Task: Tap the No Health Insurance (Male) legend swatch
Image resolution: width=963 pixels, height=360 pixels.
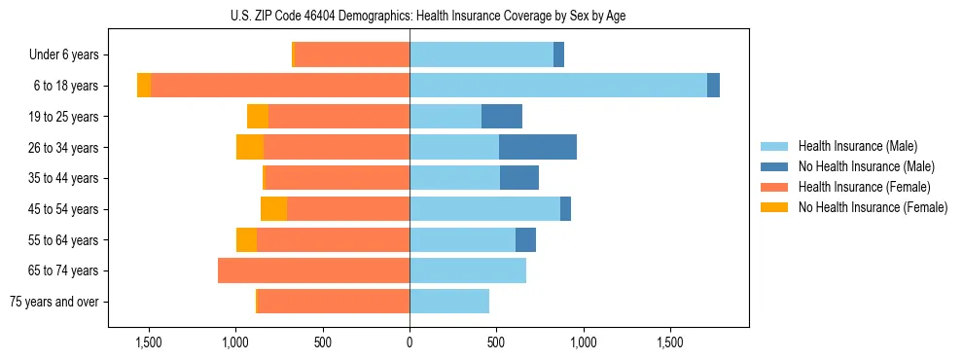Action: tap(775, 167)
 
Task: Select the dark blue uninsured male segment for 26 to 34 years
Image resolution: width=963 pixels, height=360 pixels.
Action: tap(538, 147)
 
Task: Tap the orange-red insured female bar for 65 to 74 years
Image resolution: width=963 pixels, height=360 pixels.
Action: tap(313, 270)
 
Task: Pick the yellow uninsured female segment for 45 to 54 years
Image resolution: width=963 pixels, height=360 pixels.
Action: tap(273, 209)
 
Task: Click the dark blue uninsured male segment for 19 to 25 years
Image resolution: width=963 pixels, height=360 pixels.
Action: tap(502, 117)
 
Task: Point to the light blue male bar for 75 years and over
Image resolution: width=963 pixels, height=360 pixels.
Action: tap(449, 302)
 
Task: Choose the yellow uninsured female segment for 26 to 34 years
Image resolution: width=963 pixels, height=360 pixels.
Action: tap(250, 147)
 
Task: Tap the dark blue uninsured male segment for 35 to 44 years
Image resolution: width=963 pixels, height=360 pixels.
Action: tap(519, 178)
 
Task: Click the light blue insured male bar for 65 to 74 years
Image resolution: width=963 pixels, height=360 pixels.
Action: tap(468, 270)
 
